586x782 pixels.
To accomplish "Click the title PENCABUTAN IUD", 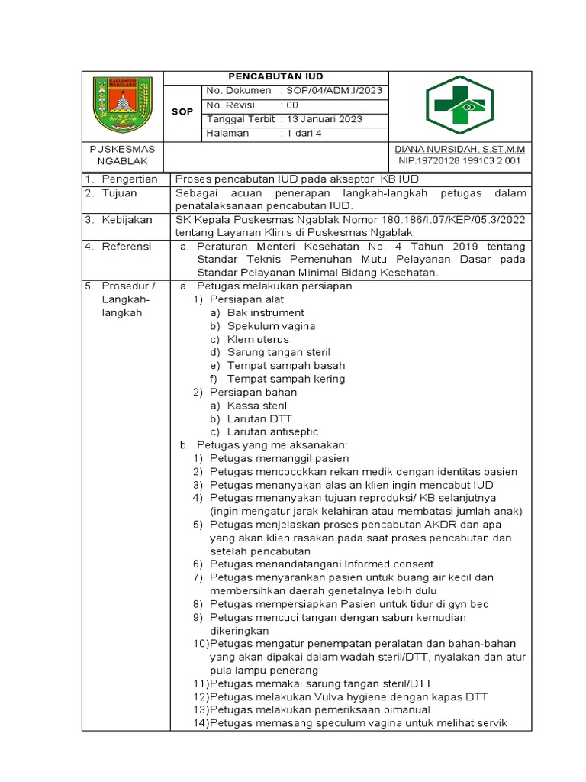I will click(276, 77).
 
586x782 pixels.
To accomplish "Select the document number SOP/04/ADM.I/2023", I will click(335, 92).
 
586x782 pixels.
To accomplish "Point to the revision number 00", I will click(293, 105).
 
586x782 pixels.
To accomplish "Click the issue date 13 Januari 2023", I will click(324, 119).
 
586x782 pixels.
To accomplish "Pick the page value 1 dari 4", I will click(304, 134).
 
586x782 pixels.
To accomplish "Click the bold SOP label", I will click(182, 112).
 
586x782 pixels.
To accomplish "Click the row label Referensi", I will click(128, 247).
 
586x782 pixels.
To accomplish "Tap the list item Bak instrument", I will click(266, 312).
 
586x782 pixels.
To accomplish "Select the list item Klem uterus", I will click(256, 339).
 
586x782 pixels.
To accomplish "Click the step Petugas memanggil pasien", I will click(279, 459).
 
